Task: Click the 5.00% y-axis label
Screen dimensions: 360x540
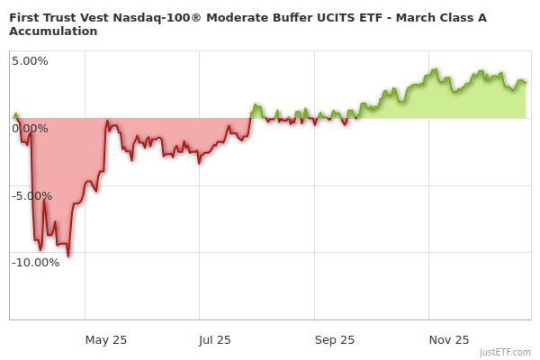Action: [30, 61]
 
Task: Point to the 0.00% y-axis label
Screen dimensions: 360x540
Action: [30, 128]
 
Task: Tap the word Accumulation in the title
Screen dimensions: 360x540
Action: [53, 31]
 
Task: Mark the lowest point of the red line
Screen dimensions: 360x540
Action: [68, 256]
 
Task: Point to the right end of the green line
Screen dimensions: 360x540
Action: [526, 83]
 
